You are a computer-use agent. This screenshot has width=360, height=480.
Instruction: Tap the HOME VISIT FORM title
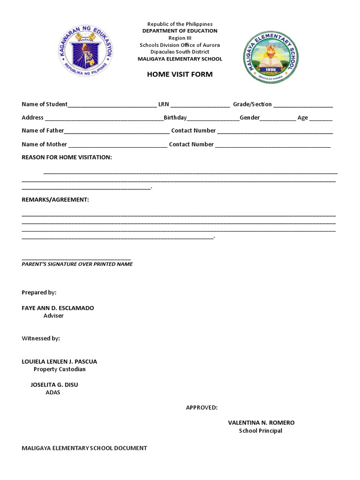click(x=180, y=74)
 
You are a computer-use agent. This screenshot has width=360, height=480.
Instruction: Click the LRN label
click(x=164, y=104)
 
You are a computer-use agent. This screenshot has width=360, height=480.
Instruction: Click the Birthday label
click(x=175, y=118)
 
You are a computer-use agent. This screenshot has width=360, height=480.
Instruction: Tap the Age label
click(x=303, y=118)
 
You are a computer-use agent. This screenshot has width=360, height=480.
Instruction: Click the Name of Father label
click(x=43, y=130)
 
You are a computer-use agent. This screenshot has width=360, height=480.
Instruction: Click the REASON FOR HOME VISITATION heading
click(x=67, y=157)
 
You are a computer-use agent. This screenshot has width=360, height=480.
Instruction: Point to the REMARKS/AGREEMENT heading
click(x=55, y=200)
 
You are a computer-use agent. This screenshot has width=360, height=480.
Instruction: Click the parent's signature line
click(x=76, y=258)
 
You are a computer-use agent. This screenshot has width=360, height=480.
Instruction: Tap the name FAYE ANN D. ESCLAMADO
click(x=58, y=308)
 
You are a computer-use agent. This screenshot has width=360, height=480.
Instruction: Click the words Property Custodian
click(x=60, y=369)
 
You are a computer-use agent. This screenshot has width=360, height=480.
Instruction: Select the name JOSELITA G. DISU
click(x=54, y=385)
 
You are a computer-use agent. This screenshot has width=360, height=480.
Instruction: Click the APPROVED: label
click(x=202, y=407)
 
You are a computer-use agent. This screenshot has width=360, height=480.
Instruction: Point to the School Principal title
click(x=261, y=431)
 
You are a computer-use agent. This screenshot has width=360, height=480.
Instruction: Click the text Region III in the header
click(x=180, y=38)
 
